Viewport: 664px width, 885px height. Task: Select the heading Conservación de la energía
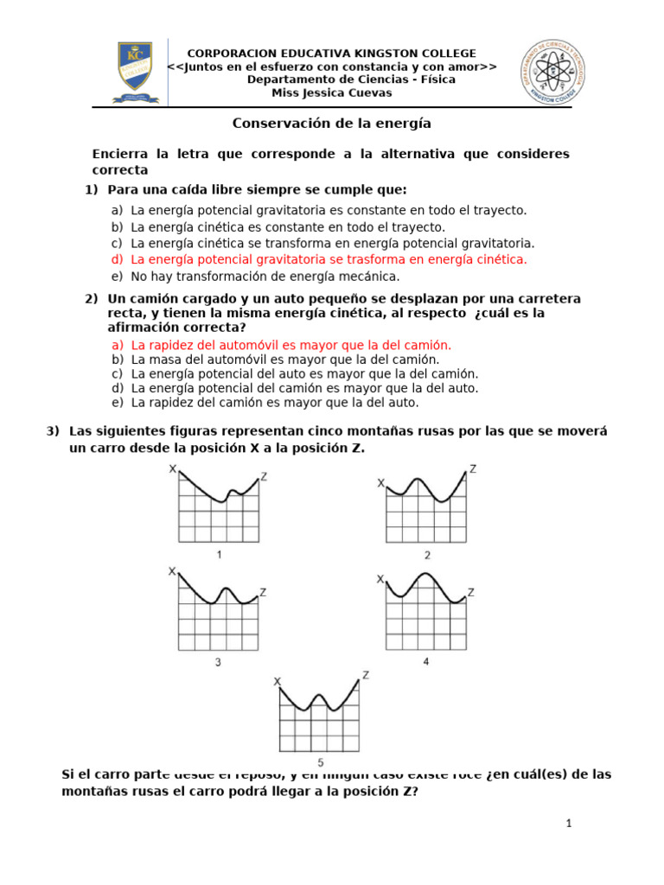(331, 124)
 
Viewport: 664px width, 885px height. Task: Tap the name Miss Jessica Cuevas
(332, 92)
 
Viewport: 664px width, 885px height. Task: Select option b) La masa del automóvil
(276, 359)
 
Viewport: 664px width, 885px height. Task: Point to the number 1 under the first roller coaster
(220, 554)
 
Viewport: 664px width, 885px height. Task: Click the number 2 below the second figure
(427, 555)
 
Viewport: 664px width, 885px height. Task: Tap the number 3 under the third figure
(218, 662)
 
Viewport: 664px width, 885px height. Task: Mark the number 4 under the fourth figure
(426, 661)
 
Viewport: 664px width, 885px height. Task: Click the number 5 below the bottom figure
(321, 762)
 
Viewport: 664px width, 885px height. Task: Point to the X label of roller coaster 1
(173, 469)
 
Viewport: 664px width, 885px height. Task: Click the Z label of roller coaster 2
(472, 469)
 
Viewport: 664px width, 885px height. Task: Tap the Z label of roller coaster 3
(263, 592)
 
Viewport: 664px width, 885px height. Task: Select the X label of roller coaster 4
(380, 579)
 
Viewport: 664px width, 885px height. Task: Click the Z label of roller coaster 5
(367, 675)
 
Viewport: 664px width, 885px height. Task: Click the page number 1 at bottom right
(570, 824)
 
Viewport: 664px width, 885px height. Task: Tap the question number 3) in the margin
(54, 431)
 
